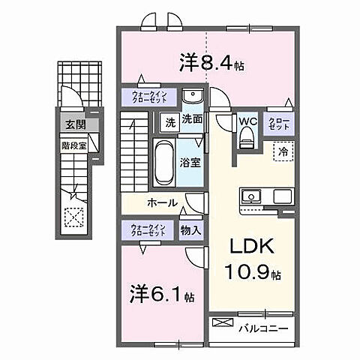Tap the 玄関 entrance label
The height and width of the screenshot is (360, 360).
click(73, 124)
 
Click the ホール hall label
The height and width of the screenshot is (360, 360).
click(162, 202)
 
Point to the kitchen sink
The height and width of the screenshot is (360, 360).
click(250, 196)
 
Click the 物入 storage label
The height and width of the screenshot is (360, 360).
click(190, 230)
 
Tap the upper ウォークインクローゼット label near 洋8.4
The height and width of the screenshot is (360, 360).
click(150, 96)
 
